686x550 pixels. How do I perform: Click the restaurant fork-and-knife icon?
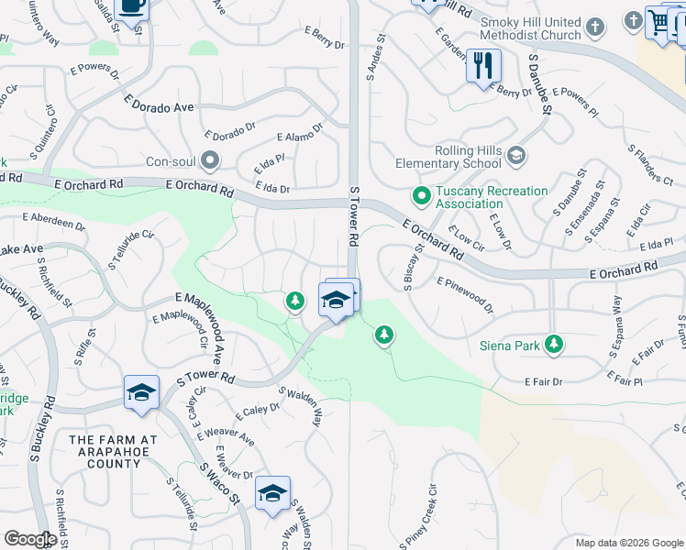(x=483, y=65)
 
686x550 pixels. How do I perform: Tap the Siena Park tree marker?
(x=553, y=344)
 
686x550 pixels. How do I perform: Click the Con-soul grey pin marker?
(x=211, y=162)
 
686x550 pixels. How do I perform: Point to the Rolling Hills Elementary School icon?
(x=517, y=156)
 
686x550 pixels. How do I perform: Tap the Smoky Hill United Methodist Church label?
(x=530, y=29)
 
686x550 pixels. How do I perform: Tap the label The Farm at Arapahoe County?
(x=113, y=452)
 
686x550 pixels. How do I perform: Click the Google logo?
(x=29, y=539)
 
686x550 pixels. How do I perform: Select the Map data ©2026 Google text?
(x=628, y=543)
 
